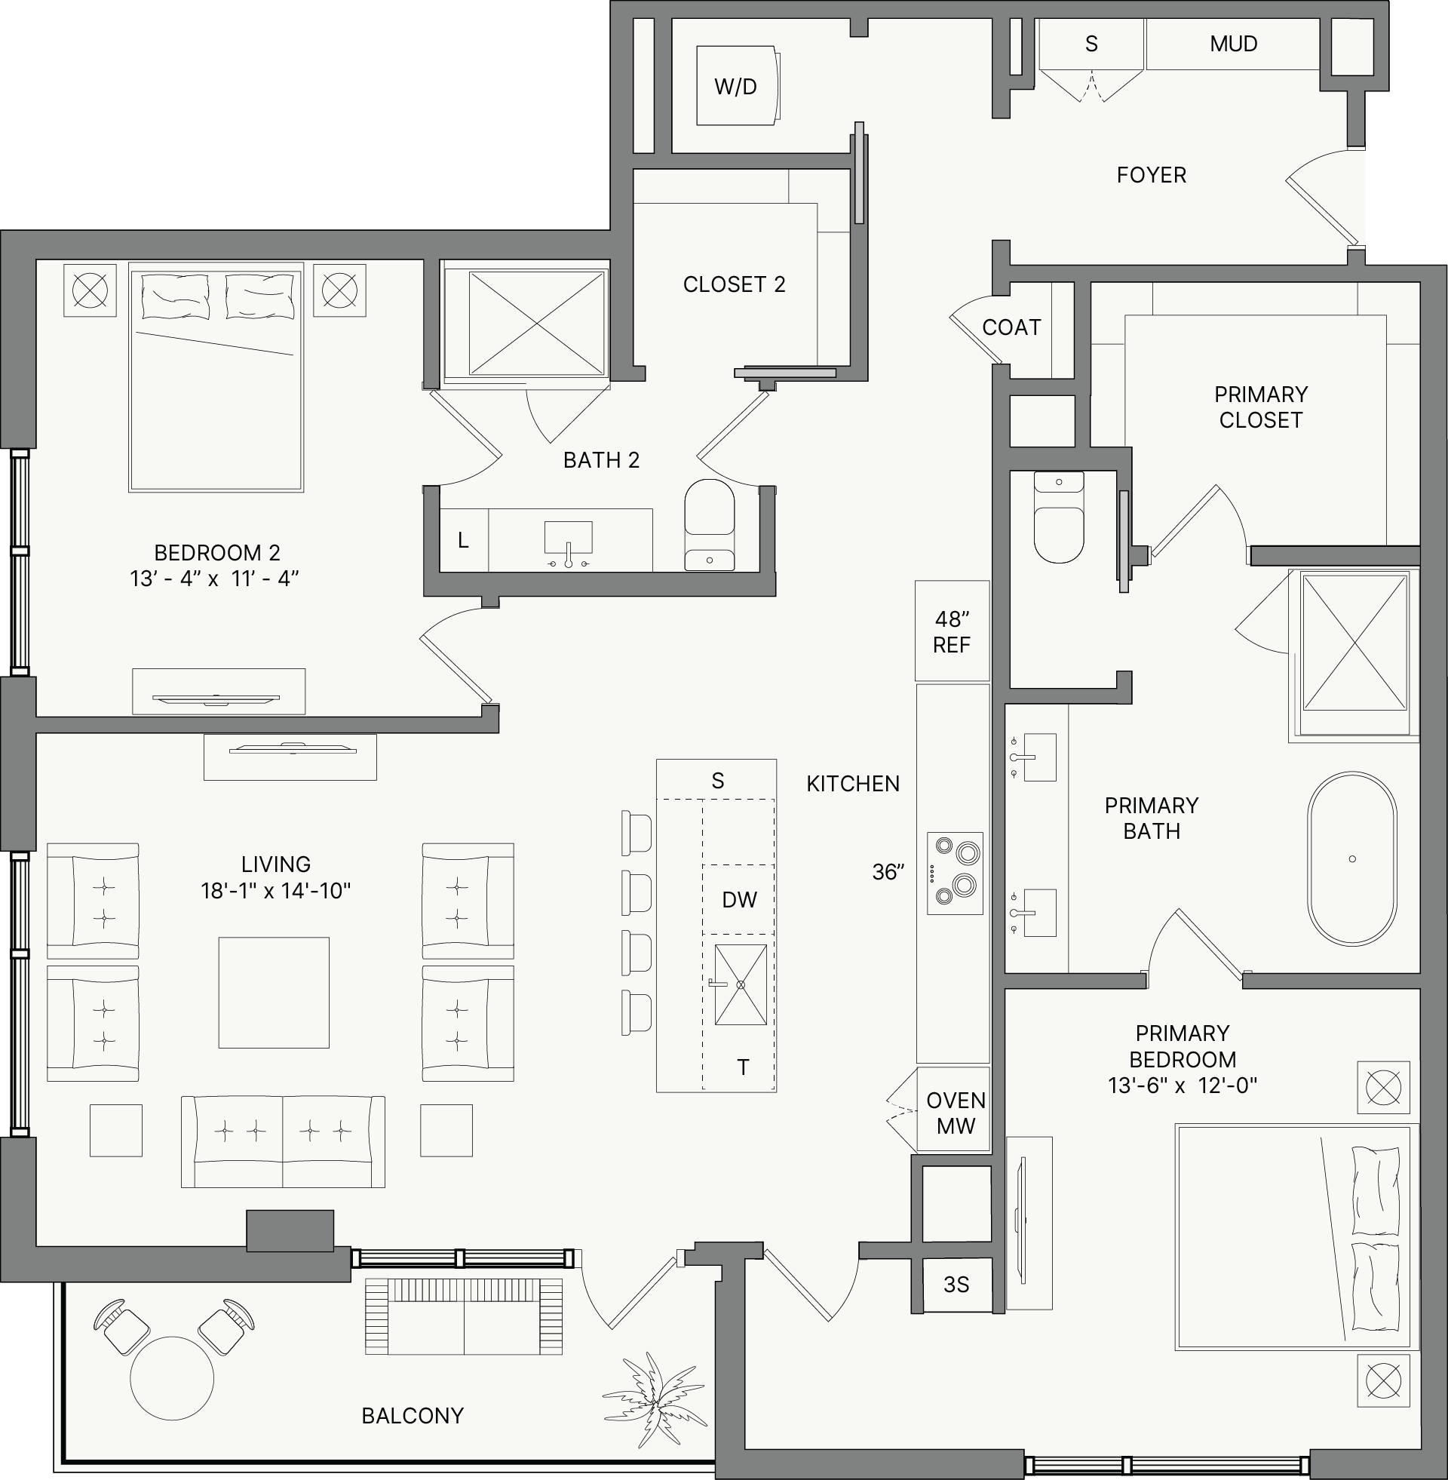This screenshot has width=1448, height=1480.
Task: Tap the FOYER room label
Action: pos(1152,175)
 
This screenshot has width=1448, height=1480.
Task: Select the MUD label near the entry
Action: pos(1234,43)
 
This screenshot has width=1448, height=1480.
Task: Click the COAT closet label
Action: pos(1011,327)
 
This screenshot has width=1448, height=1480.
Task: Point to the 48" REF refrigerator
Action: pos(953,631)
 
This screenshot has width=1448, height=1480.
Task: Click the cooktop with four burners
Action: pos(956,873)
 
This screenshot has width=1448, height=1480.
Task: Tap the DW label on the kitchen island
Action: pos(739,900)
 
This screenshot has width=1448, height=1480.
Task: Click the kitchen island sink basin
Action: pos(741,984)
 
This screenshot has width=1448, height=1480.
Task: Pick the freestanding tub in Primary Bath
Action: pos(1352,859)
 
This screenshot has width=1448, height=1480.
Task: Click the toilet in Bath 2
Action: pos(710,525)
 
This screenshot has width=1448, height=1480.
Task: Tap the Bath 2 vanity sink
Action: pos(568,538)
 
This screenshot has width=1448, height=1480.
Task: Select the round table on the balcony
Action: pos(172,1378)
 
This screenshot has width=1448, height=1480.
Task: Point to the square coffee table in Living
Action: pos(274,993)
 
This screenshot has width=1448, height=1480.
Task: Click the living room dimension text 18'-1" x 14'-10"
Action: pos(275,891)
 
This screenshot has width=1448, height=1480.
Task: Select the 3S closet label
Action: pos(956,1285)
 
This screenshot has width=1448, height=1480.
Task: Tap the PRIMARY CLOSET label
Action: pos(1261,407)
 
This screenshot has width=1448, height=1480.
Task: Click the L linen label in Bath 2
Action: pos(463,541)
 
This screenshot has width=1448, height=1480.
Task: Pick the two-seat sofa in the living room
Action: pos(283,1141)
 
